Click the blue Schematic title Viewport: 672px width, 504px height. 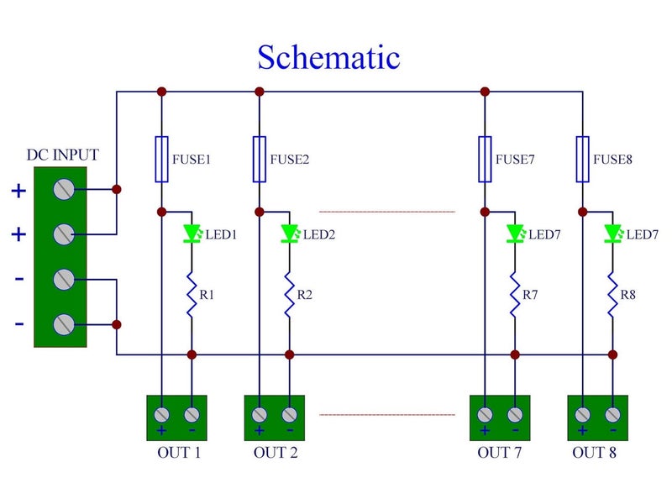(x=328, y=57)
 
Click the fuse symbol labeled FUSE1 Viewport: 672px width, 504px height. (x=161, y=160)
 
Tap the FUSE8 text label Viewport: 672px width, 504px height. (x=612, y=160)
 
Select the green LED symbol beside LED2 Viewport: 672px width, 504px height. (x=290, y=234)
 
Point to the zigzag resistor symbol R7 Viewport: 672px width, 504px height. (x=515, y=295)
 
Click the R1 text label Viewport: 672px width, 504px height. (x=207, y=295)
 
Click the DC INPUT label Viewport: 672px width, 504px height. (x=62, y=155)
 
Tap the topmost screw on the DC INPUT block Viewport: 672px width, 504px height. (x=64, y=189)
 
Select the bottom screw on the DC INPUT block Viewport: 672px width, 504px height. (x=64, y=324)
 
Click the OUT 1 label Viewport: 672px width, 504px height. (x=179, y=453)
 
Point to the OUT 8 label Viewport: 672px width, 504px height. (x=594, y=453)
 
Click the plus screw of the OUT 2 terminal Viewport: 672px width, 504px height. (x=260, y=414)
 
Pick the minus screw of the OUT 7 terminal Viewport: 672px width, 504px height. (x=515, y=414)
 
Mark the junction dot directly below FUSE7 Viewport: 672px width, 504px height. (x=485, y=212)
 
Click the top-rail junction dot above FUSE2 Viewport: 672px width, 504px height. (x=260, y=92)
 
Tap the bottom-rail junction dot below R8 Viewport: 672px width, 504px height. (x=612, y=354)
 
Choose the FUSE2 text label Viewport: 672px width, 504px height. (x=289, y=160)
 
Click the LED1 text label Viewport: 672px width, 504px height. (x=221, y=234)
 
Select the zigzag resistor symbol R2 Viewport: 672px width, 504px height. (x=290, y=295)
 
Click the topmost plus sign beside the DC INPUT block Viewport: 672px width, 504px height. (x=18, y=191)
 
